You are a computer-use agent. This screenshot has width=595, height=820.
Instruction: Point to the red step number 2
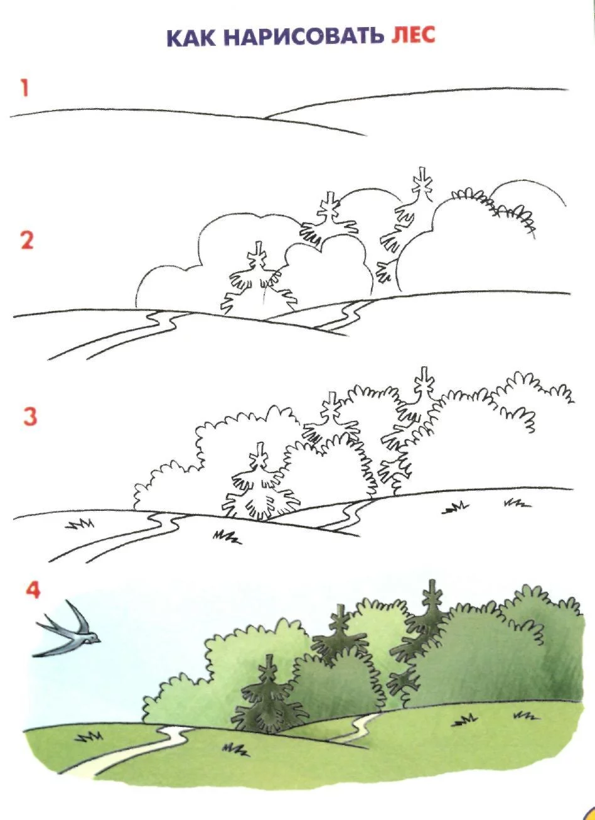coord(27,241)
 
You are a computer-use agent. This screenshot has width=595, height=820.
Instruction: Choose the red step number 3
coord(30,417)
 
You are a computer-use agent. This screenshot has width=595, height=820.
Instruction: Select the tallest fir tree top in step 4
coord(432,594)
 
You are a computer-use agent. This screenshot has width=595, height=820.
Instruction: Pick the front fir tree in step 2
coord(259,278)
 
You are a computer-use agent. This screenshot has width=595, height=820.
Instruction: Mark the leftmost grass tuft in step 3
coord(80,524)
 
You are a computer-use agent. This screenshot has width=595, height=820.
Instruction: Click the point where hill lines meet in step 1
coord(266,118)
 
